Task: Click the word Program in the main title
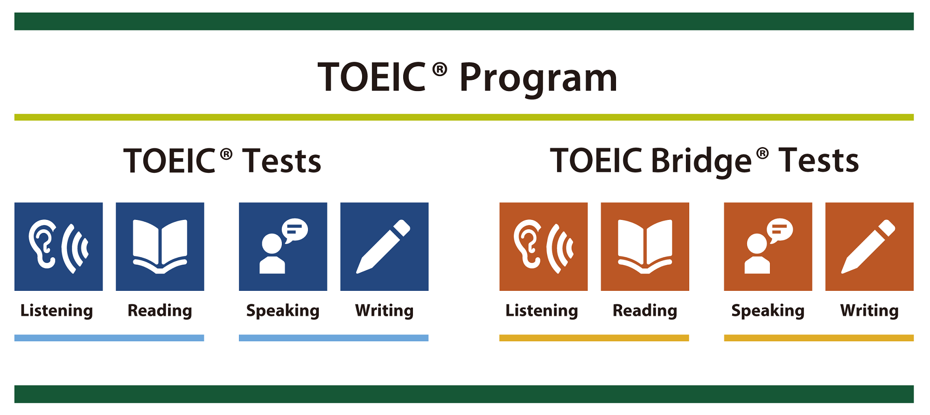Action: pyautogui.click(x=538, y=78)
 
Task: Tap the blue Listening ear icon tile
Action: pyautogui.click(x=58, y=246)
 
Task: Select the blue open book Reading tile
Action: pyautogui.click(x=160, y=246)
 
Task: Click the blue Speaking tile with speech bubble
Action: pyautogui.click(x=283, y=246)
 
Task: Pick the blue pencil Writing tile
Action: pyautogui.click(x=385, y=246)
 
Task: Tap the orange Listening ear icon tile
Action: pyautogui.click(x=544, y=246)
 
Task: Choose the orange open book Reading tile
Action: pyautogui.click(x=645, y=246)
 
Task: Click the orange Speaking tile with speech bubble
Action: pyautogui.click(x=768, y=246)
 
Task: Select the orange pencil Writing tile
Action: pyautogui.click(x=869, y=246)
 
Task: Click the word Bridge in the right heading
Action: pyautogui.click(x=701, y=162)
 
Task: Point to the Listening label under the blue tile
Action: pyautogui.click(x=56, y=311)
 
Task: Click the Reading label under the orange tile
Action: pyautogui.click(x=645, y=311)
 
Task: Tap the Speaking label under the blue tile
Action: pyautogui.click(x=283, y=311)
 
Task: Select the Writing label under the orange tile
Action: pyautogui.click(x=869, y=311)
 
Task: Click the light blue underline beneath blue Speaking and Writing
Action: pyautogui.click(x=334, y=338)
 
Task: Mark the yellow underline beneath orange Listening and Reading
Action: pyautogui.click(x=594, y=338)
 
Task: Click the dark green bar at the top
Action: pyautogui.click(x=464, y=21)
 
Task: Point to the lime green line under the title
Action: pyautogui.click(x=464, y=117)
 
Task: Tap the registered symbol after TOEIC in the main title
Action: pyautogui.click(x=440, y=70)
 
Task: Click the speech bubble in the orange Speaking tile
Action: pyautogui.click(x=780, y=230)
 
